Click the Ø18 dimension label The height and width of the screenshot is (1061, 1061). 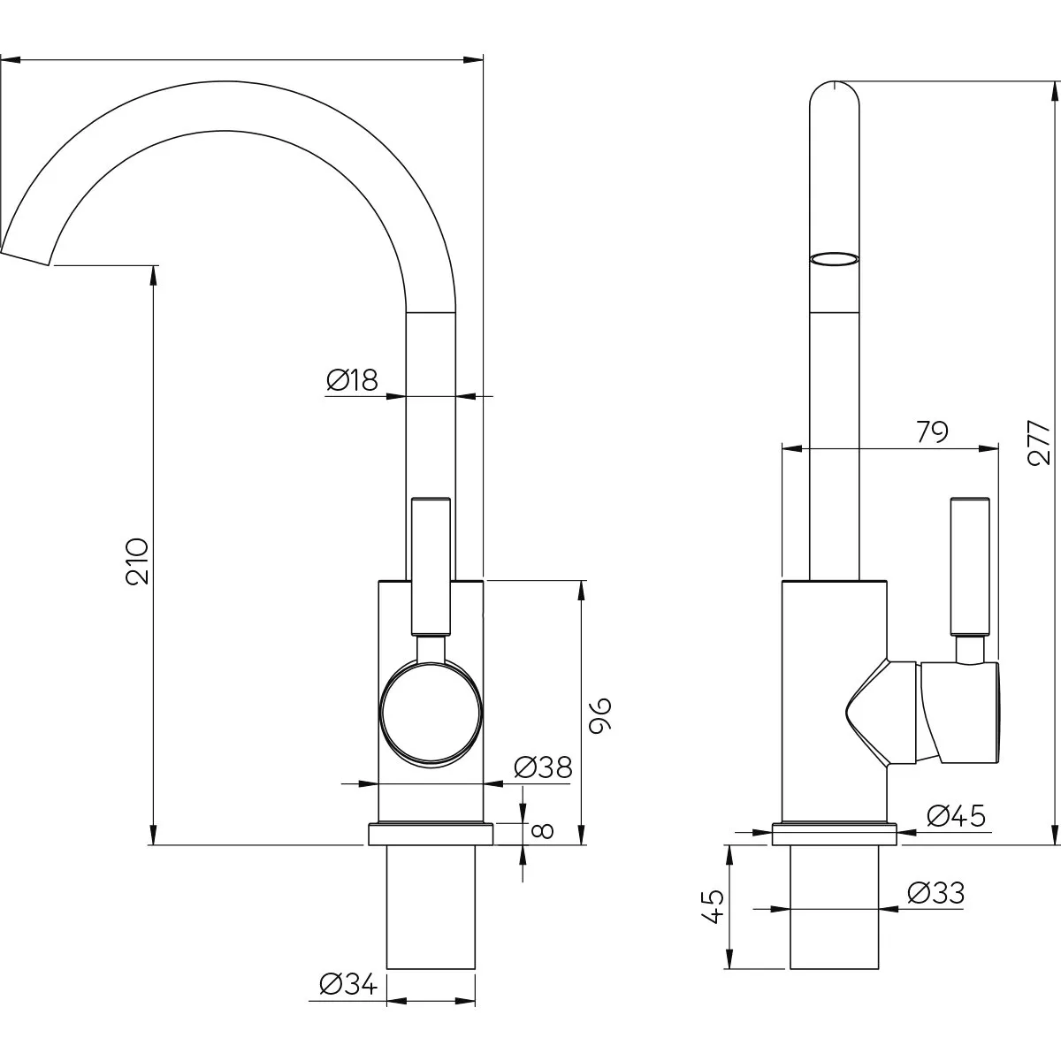click(353, 380)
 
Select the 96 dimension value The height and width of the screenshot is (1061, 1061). click(600, 716)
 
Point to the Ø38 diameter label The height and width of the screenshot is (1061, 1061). click(544, 767)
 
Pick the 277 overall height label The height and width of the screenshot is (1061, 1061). click(1040, 443)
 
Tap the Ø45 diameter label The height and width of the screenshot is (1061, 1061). click(957, 816)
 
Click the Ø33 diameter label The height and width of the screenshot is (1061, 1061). click(936, 909)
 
